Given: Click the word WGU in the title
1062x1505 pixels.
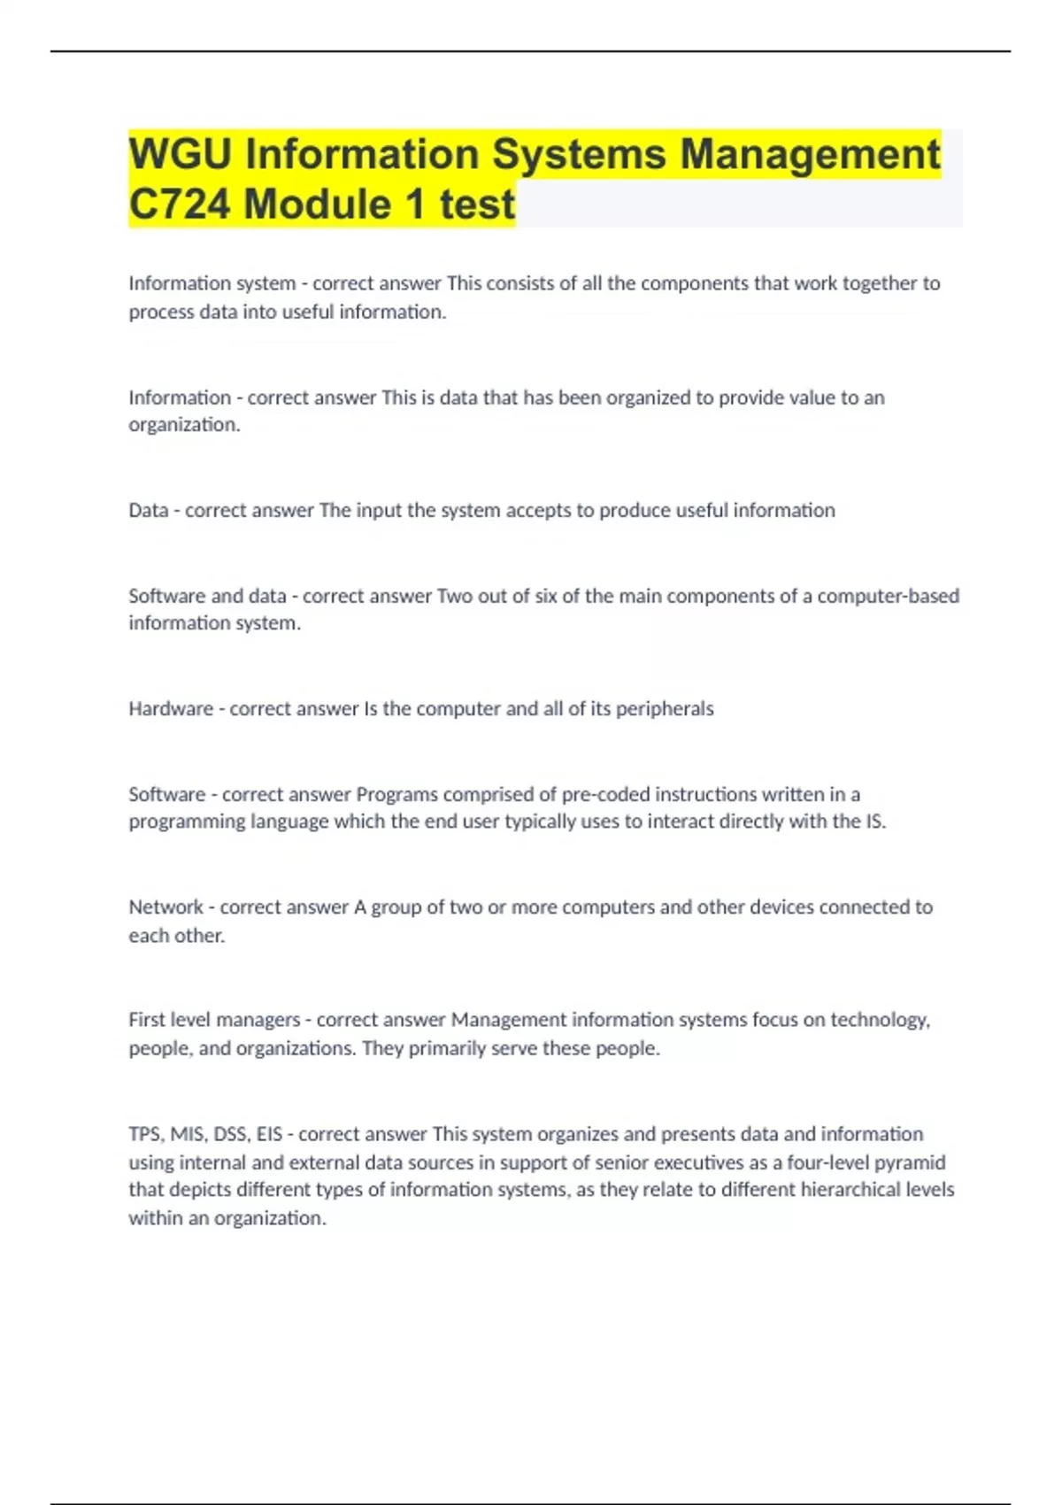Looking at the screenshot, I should (181, 154).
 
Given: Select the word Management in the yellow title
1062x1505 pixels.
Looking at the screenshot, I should (810, 154).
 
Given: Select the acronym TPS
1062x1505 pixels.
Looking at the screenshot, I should (145, 1134).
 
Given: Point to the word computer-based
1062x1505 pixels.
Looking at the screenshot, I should (889, 597).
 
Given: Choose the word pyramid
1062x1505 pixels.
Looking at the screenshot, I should (911, 1162).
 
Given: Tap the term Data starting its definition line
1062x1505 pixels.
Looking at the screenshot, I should (148, 511).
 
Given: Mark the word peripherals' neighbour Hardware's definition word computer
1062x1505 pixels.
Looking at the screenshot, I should (458, 709).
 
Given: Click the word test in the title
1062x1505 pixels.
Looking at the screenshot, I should (477, 205).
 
